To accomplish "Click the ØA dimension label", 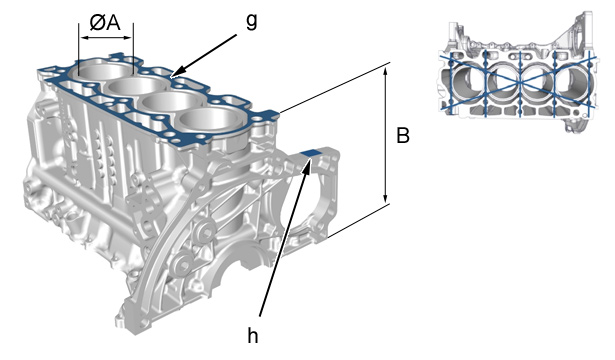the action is tap(105, 23).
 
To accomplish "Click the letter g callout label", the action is tap(251, 22).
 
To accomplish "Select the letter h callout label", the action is tap(253, 335).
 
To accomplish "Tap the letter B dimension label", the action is tap(403, 136).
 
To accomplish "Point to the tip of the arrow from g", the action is tap(172, 76).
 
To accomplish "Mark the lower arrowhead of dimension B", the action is tap(386, 198).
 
